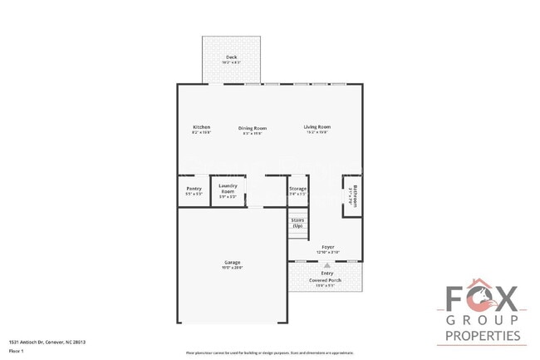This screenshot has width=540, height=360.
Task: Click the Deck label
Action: [230, 57]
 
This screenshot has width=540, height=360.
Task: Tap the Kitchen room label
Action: [201, 127]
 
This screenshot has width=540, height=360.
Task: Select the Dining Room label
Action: [252, 128]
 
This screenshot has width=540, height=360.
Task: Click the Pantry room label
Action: [194, 189]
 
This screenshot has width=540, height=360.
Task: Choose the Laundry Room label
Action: [228, 189]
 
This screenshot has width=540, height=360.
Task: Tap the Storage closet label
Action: [297, 189]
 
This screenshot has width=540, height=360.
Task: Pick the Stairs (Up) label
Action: [297, 223]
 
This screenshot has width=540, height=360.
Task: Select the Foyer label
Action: [327, 247]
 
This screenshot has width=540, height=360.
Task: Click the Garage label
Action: [232, 262]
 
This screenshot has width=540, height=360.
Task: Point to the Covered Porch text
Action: [326, 280]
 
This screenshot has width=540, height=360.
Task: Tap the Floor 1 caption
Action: [17, 351]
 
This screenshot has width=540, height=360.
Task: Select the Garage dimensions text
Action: [232, 267]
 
